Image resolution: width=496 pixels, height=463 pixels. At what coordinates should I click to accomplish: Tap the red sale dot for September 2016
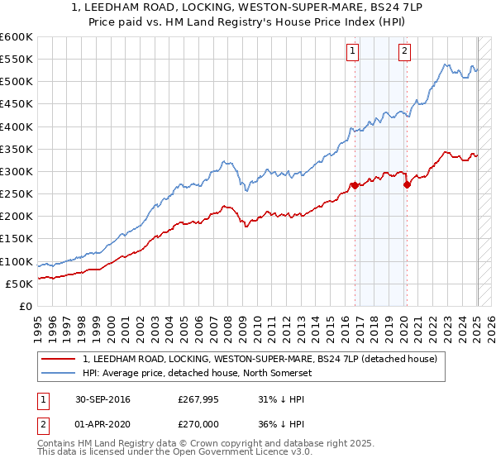(355, 185)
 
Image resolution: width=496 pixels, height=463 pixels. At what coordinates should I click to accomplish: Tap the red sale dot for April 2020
(407, 184)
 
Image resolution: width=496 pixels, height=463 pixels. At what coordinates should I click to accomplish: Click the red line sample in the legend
(60, 360)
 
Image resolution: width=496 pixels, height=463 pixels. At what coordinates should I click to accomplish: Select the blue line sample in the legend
(60, 373)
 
